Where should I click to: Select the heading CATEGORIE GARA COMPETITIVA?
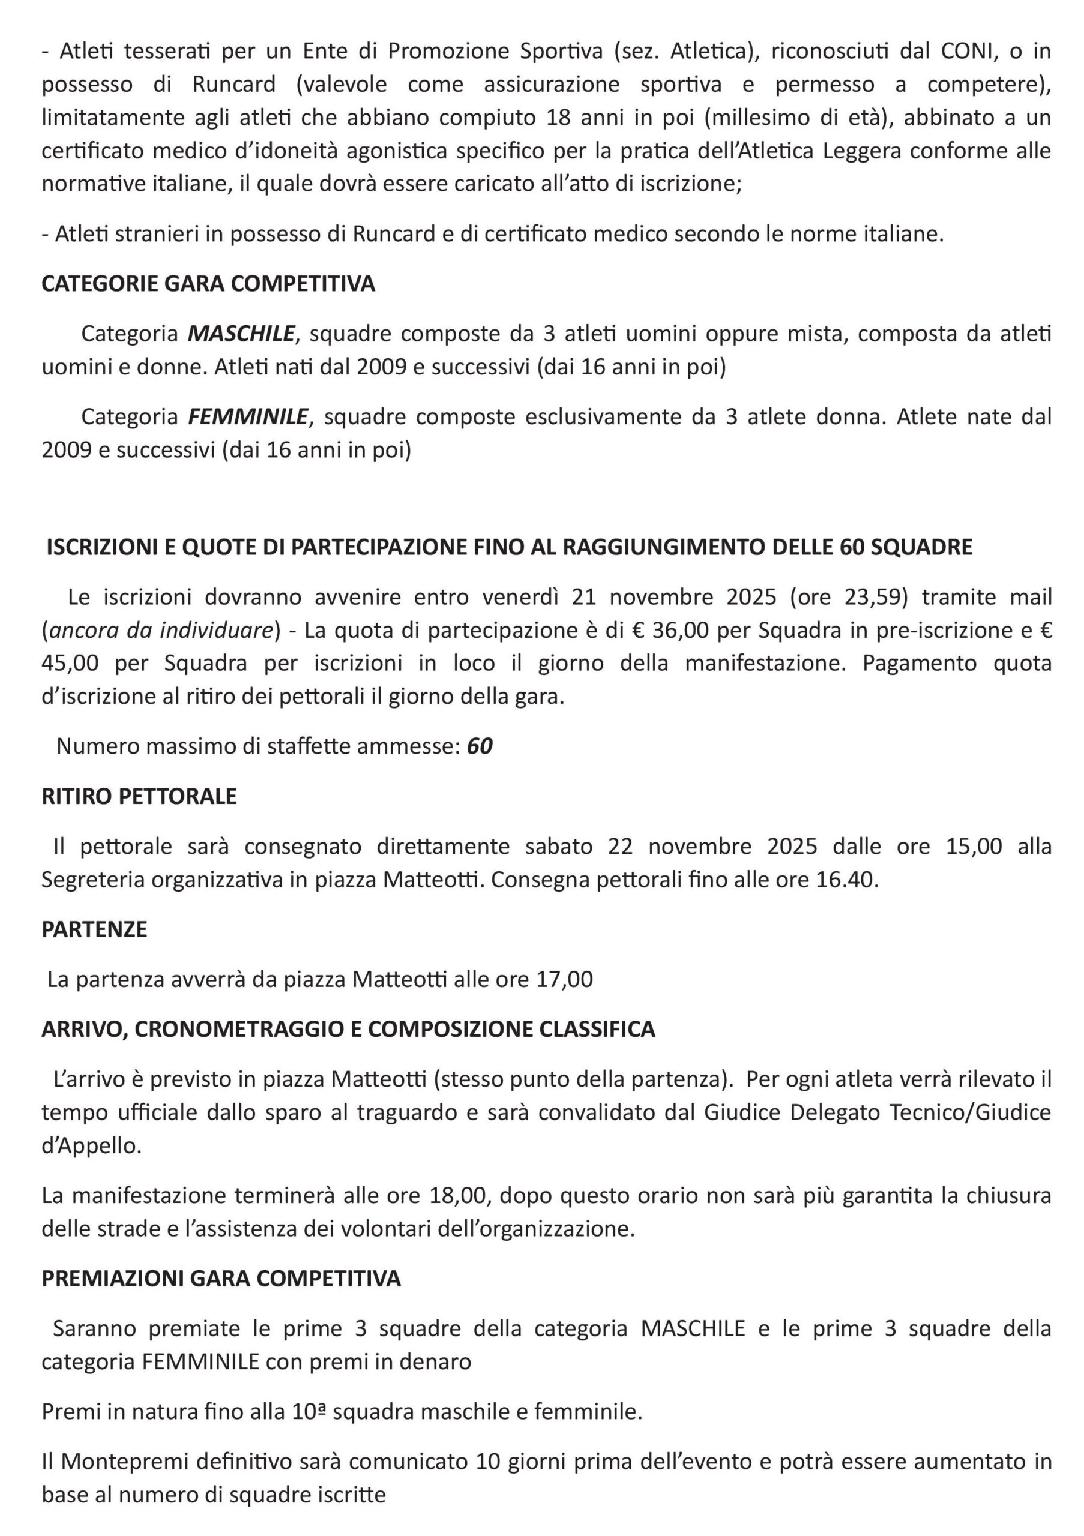tap(208, 284)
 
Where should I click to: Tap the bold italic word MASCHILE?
tap(241, 333)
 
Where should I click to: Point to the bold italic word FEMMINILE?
tap(247, 417)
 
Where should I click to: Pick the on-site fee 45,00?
tap(70, 663)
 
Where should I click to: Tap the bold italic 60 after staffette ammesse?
tap(480, 746)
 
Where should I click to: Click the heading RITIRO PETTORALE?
tap(139, 796)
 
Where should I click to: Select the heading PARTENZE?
tap(94, 929)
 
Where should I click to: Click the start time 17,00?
tap(564, 979)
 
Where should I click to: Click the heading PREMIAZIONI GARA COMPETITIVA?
tap(221, 1279)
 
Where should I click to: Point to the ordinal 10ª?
tap(309, 1412)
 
